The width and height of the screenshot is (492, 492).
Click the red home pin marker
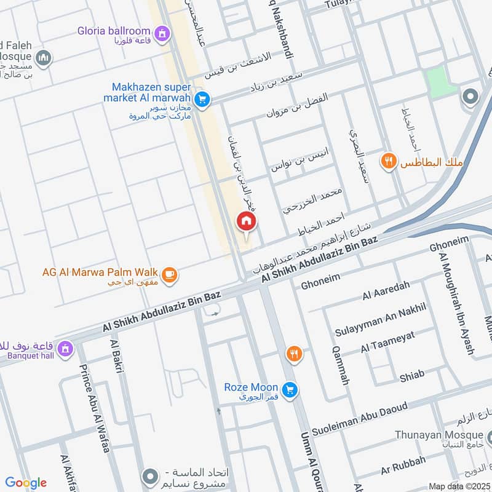pos(246,222)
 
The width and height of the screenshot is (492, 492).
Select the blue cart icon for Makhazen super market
pos(201,98)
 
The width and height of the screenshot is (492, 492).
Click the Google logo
pos(26,483)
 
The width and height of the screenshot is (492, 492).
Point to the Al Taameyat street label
pos(387,342)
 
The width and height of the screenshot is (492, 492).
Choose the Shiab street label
pos(411,375)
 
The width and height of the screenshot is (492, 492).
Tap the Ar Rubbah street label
pos(403,463)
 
